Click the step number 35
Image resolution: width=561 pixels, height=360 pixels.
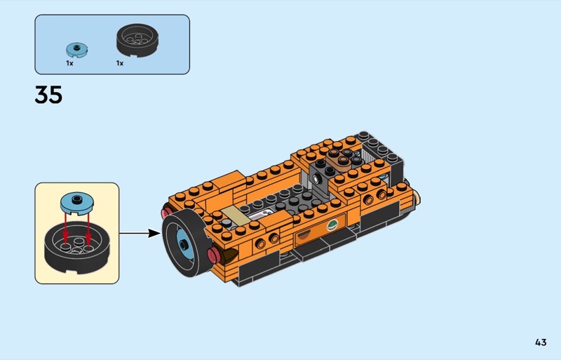tap(48, 95)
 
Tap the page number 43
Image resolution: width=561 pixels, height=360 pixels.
tap(541, 342)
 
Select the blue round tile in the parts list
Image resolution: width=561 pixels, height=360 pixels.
tap(77, 50)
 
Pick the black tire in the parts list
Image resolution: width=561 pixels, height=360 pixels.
tap(137, 40)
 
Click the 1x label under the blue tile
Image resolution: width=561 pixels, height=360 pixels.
tap(69, 63)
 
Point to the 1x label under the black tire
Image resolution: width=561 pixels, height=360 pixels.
tap(119, 63)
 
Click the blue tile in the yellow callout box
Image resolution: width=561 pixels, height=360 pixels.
tap(77, 203)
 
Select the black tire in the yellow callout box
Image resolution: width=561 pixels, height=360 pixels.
tap(76, 247)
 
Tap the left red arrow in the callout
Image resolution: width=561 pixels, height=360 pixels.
tap(65, 228)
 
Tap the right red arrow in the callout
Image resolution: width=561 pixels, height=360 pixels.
tap(88, 228)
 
